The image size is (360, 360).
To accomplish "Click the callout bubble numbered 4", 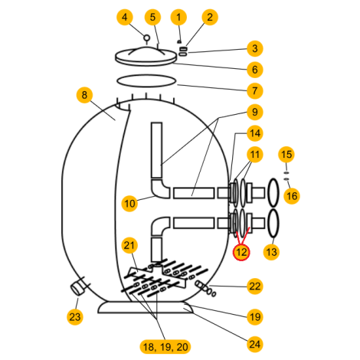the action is click(125, 18).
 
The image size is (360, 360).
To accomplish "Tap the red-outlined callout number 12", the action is click(241, 252).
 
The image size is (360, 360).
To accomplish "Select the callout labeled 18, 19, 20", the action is click(165, 347).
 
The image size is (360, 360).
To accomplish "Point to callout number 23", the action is click(75, 317).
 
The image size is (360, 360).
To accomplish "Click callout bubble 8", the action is click(84, 95).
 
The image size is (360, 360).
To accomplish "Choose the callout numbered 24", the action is click(255, 344).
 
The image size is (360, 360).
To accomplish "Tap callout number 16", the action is click(292, 196).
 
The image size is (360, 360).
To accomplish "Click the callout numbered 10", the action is click(129, 204).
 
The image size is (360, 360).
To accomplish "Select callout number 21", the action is click(129, 245).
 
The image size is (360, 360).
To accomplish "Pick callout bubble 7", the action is click(255, 90).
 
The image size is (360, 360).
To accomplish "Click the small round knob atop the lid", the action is click(146, 38).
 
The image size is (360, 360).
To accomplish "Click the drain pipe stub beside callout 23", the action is click(77, 287).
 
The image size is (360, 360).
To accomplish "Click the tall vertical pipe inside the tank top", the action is click(156, 150).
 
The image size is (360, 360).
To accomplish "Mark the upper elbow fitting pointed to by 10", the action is click(161, 188).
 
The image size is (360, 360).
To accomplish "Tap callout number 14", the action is click(255, 133).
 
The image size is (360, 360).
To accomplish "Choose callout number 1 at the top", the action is click(178, 18).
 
